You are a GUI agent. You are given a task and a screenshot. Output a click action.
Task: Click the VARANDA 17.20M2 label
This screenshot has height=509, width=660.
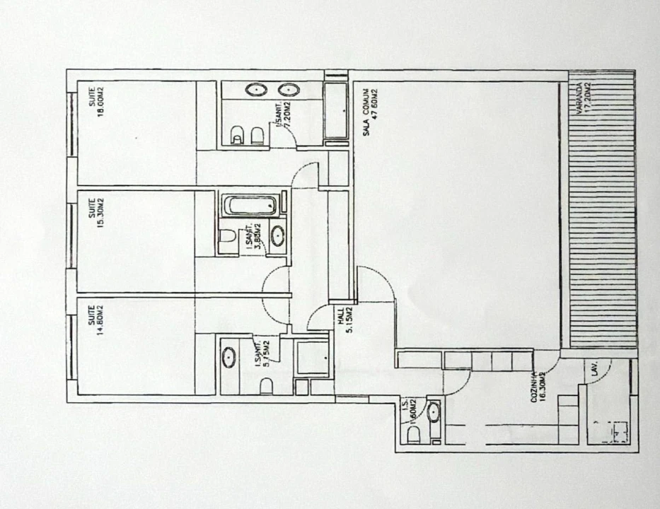point(584,98)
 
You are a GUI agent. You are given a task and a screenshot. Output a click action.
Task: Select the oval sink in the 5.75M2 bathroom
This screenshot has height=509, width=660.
point(229,358)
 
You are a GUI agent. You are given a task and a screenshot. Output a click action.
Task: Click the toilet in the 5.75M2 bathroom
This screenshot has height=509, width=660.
point(266,386)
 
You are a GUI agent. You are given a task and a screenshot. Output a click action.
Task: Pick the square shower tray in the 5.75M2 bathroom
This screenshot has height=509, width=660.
point(312,358)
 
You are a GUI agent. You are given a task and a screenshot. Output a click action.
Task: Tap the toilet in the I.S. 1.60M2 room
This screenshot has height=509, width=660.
point(414,434)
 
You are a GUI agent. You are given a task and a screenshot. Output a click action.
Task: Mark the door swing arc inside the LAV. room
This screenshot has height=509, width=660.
point(598,375)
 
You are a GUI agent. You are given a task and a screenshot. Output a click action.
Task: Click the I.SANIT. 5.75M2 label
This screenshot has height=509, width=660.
point(262,353)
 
